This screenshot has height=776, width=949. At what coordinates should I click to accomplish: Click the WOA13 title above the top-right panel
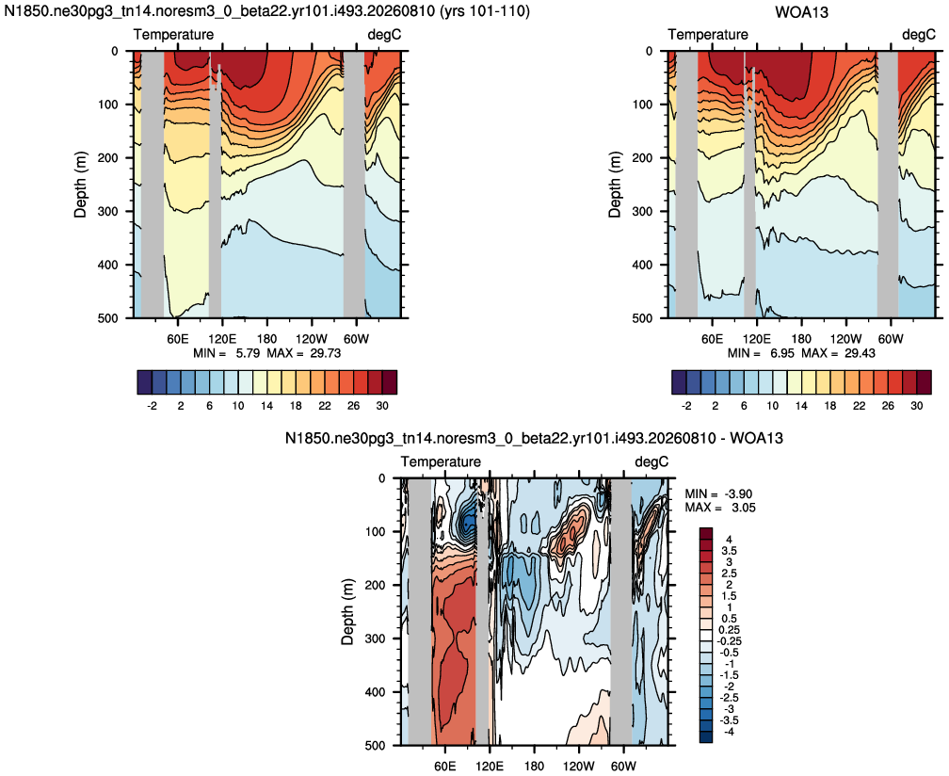[x=801, y=11]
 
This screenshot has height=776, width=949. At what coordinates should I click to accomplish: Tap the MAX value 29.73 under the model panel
[x=325, y=353]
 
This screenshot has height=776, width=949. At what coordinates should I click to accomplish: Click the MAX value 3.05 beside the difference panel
[x=741, y=508]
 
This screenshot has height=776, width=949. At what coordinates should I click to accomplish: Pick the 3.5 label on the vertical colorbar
[x=730, y=551]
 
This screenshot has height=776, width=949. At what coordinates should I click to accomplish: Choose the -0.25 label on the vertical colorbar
[x=729, y=641]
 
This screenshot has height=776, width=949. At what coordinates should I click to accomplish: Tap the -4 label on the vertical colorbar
[x=729, y=732]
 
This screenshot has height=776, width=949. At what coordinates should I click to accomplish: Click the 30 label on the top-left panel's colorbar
[x=382, y=406]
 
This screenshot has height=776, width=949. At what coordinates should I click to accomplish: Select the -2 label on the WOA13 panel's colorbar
[x=686, y=406]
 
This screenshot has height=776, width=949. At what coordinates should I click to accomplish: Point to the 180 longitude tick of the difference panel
[x=535, y=766]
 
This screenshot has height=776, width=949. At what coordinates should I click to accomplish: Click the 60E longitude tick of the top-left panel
[x=178, y=338]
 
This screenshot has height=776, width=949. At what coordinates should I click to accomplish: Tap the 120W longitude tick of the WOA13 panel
[x=845, y=338]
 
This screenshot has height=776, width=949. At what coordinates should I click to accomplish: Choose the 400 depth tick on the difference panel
[x=376, y=692]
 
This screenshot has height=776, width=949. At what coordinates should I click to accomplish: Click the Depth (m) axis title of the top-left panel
[x=81, y=185]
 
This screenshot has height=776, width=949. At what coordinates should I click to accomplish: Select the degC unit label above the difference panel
[x=651, y=461]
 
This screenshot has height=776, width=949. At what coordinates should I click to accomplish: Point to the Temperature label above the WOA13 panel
[x=708, y=35]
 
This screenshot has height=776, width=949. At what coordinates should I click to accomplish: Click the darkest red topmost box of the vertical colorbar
[x=706, y=533]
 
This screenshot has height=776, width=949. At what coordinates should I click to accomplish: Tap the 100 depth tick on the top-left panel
[x=108, y=105]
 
